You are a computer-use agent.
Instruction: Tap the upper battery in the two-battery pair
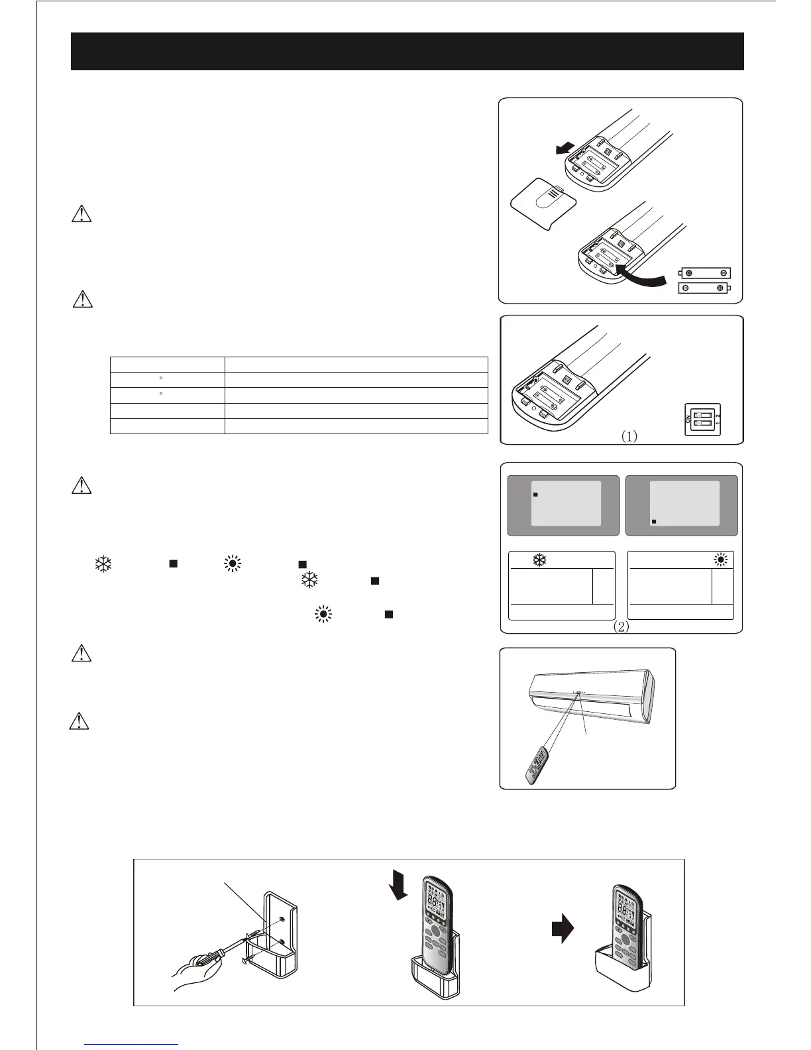[x=706, y=272]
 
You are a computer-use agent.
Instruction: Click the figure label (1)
[x=629, y=436]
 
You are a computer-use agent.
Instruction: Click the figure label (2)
[x=620, y=626]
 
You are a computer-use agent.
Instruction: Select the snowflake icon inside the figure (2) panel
[x=540, y=560]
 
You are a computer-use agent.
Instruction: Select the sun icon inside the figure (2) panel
[x=720, y=560]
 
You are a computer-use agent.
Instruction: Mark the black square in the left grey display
[x=536, y=495]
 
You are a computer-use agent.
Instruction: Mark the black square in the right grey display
[x=654, y=522]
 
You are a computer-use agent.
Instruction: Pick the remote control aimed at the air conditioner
[x=537, y=767]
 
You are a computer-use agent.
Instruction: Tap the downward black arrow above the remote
[x=399, y=884]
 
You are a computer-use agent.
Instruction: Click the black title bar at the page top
[x=407, y=51]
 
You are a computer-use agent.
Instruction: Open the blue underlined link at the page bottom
[x=132, y=1044]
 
